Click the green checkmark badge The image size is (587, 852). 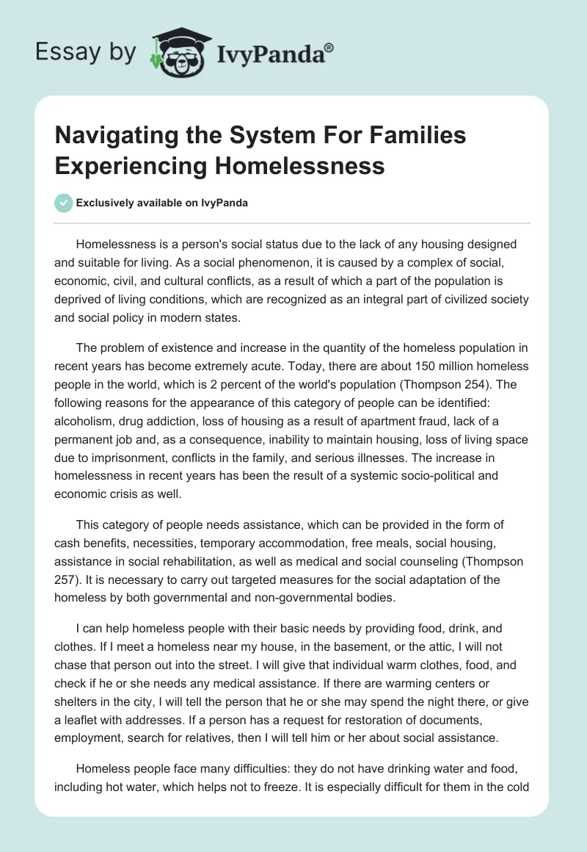[62, 203]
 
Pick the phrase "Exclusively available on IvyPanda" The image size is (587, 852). [162, 203]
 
